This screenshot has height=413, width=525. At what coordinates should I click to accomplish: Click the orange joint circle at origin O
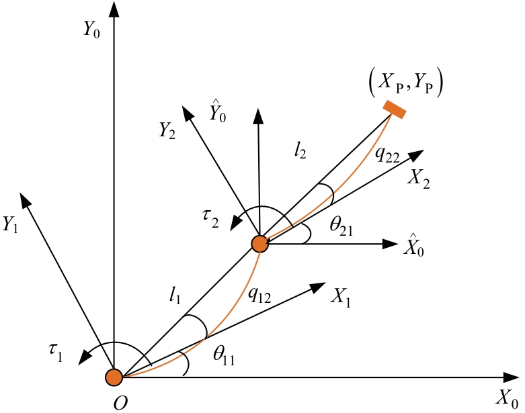114,377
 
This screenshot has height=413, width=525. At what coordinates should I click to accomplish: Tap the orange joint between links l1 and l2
260,244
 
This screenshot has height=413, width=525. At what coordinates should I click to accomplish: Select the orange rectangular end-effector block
395,109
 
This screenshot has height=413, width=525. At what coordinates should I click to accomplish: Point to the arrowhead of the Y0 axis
114,9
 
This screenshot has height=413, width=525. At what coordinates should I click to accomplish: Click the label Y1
10,224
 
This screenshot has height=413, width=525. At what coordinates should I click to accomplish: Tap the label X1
341,297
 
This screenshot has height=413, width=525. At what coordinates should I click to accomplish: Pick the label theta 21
341,227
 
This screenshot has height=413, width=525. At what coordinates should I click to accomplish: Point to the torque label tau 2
210,219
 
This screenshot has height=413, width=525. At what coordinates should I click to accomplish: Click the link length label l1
175,295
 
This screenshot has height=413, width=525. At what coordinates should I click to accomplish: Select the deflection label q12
259,295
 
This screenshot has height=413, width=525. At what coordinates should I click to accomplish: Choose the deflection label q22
387,154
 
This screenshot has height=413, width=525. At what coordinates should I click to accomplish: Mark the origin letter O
120,404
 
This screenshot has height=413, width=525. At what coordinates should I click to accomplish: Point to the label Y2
167,130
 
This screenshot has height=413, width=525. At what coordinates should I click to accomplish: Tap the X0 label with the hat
414,246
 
